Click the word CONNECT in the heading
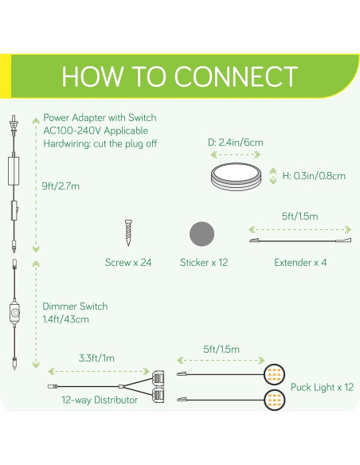[x=236, y=76]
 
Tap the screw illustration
[x=128, y=232]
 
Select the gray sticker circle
[x=202, y=234]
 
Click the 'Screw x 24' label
[x=128, y=263]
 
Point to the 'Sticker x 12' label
[x=204, y=263]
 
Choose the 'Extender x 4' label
[x=300, y=263]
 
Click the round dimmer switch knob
[x=15, y=313]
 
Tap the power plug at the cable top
[x=14, y=124]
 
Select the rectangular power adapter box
[x=14, y=171]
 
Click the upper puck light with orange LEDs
[x=274, y=374]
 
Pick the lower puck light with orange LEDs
[x=274, y=400]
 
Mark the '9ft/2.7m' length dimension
[x=61, y=186]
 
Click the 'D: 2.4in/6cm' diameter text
[x=236, y=143]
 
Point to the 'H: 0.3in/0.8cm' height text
[x=314, y=176]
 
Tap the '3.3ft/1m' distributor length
[x=96, y=358]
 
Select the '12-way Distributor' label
[x=100, y=400]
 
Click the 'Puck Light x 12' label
[x=322, y=387]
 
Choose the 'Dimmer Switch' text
[x=75, y=307]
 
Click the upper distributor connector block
[x=158, y=377]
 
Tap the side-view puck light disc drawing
[x=236, y=177]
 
